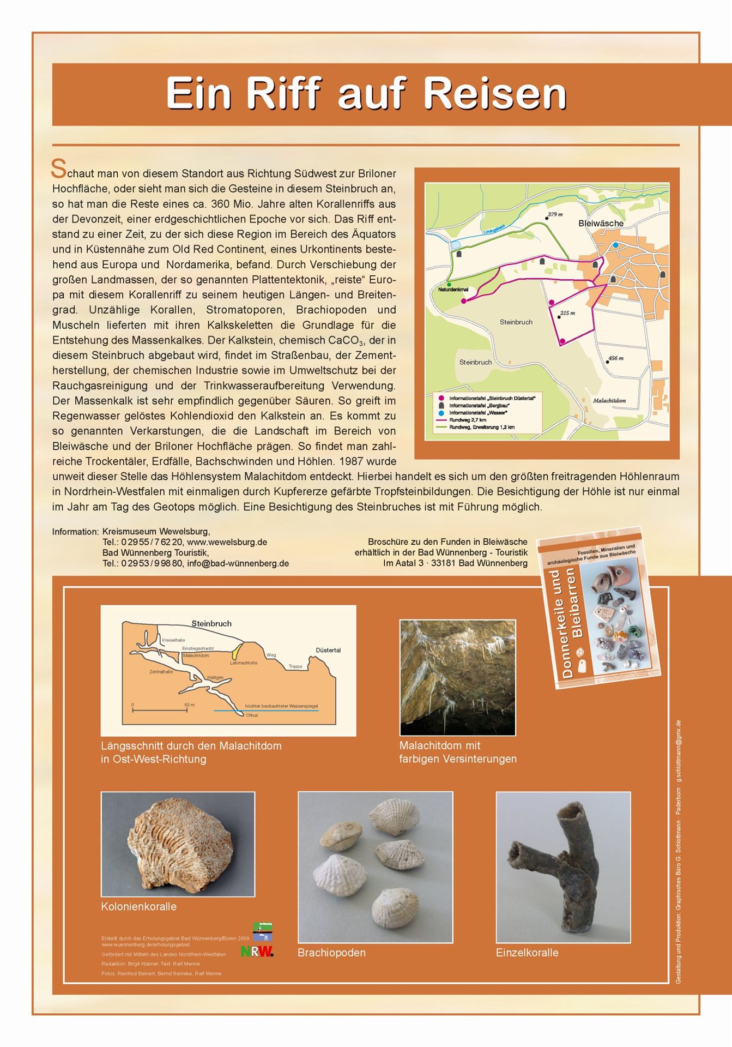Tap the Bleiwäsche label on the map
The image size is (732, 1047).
click(601, 224)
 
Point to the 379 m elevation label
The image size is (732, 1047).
click(555, 214)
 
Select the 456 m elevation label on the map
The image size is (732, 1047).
click(615, 358)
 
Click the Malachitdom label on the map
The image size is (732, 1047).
click(609, 400)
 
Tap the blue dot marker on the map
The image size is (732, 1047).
click(615, 245)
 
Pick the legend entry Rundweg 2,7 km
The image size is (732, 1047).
click(467, 420)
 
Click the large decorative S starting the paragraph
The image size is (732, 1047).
click(58, 169)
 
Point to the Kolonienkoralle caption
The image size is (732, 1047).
click(138, 906)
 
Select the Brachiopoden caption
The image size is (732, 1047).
click(331, 953)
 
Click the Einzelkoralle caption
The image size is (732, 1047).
click(527, 953)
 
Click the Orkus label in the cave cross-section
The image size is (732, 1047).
click(251, 715)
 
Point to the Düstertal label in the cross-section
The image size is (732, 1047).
click(328, 650)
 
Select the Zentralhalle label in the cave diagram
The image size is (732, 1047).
click(161, 672)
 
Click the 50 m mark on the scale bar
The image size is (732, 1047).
click(189, 705)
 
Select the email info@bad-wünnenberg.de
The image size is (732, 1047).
click(238, 563)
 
